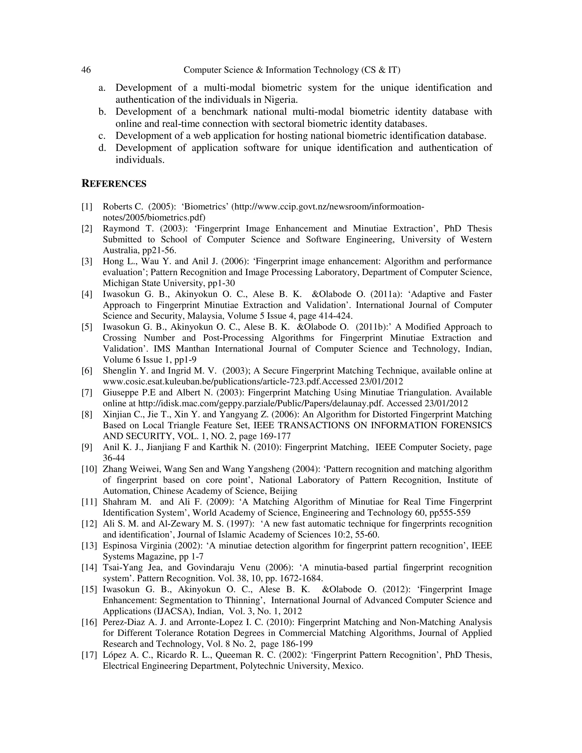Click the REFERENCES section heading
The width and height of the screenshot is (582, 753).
pyautogui.click(x=114, y=184)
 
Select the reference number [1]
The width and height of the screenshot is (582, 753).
pyautogui.click(x=87, y=207)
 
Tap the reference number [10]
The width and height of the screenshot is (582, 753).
pyautogui.click(x=89, y=469)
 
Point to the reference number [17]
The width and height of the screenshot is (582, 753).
pyautogui.click(x=89, y=655)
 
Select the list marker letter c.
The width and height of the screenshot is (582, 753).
pyautogui.click(x=102, y=136)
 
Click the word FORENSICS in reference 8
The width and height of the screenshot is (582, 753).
pyautogui.click(x=466, y=425)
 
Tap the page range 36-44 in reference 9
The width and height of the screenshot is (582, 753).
pyautogui.click(x=114, y=458)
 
